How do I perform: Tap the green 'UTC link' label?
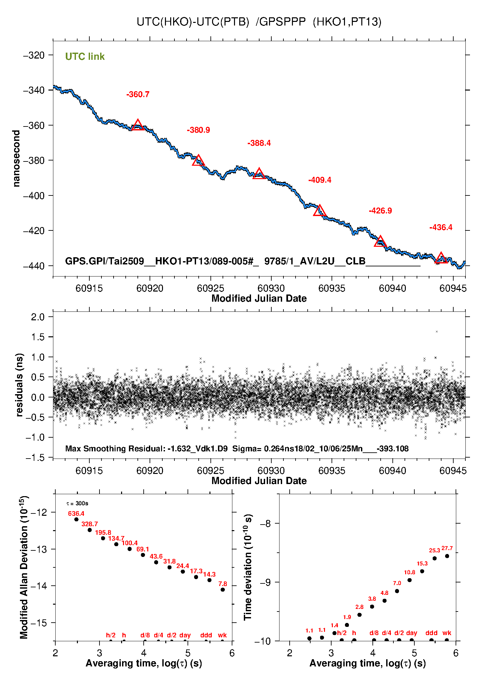pos(85,57)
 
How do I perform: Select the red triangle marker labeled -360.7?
pos(138,125)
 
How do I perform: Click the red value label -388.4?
pos(259,143)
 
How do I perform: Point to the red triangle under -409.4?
pos(320,211)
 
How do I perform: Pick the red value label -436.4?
pos(441,227)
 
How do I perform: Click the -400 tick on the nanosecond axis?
pos(34,196)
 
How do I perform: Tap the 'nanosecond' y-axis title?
pos(16,159)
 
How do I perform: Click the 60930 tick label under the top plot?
pos(271,288)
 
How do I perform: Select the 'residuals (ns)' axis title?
pos(20,385)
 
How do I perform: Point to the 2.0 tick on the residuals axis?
pos(38,317)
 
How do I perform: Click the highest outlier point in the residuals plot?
pos(437,332)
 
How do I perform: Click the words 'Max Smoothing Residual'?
pos(115,448)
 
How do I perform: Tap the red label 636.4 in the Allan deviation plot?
pos(76,513)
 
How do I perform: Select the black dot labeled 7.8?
pos(223,590)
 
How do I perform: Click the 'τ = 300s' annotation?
pos(77,503)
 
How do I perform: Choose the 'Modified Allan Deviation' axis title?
pos(24,567)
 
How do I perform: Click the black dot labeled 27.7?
pos(447,556)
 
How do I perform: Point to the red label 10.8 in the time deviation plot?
pos(409,572)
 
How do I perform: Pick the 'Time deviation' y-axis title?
pos(248,567)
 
